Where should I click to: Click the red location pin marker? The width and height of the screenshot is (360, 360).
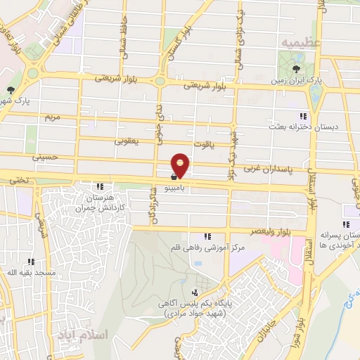coord(181,166)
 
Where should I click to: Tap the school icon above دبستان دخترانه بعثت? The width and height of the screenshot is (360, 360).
coord(303,116)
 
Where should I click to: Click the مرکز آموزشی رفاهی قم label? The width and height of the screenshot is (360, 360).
coord(207,249)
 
